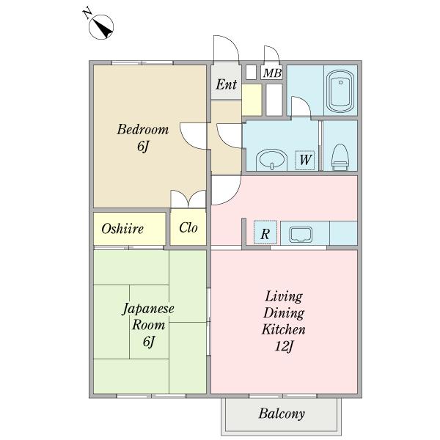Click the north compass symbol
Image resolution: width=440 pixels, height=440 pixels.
click(101, 27)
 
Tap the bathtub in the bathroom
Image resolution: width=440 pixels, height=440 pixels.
click(340, 91)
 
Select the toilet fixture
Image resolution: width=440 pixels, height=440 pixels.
click(340, 157)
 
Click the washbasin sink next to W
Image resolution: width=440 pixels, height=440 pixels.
click(271, 160)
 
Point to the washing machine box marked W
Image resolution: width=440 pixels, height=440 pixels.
click(304, 160)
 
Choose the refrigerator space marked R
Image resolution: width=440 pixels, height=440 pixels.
click(265, 232)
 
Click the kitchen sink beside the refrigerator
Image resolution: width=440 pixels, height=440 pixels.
click(301, 235)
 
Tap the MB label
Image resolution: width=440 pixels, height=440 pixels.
click(272, 73)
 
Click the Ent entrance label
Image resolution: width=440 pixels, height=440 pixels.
click(226, 84)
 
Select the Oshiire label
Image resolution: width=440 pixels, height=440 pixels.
click(122, 229)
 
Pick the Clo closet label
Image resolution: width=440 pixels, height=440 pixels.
click(188, 227)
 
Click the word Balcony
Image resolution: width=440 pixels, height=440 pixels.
click(282, 414)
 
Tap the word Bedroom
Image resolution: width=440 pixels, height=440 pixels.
click(143, 129)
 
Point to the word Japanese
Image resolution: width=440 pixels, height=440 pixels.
click(148, 309)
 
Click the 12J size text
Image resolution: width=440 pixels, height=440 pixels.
click(284, 346)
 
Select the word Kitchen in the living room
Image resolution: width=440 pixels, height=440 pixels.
click(283, 329)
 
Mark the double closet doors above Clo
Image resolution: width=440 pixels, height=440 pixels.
click(188, 199)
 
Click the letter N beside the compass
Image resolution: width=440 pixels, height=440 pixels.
click(87, 13)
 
